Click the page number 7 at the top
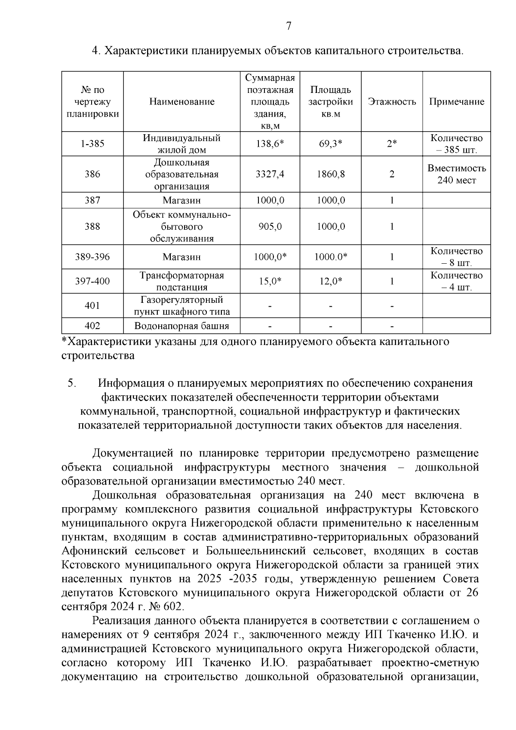tap(289, 27)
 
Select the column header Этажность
tap(392, 102)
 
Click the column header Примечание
tap(456, 102)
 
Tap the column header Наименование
tap(182, 102)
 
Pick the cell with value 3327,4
tap(270, 175)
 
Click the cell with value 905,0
tap(270, 227)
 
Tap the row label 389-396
tap(92, 257)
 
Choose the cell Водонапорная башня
tap(182, 326)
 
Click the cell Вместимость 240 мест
tap(456, 174)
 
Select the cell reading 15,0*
tap(270, 281)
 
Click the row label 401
tap(92, 306)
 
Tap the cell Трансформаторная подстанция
tap(182, 281)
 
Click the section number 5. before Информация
tap(72, 383)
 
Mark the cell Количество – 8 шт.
tap(456, 257)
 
